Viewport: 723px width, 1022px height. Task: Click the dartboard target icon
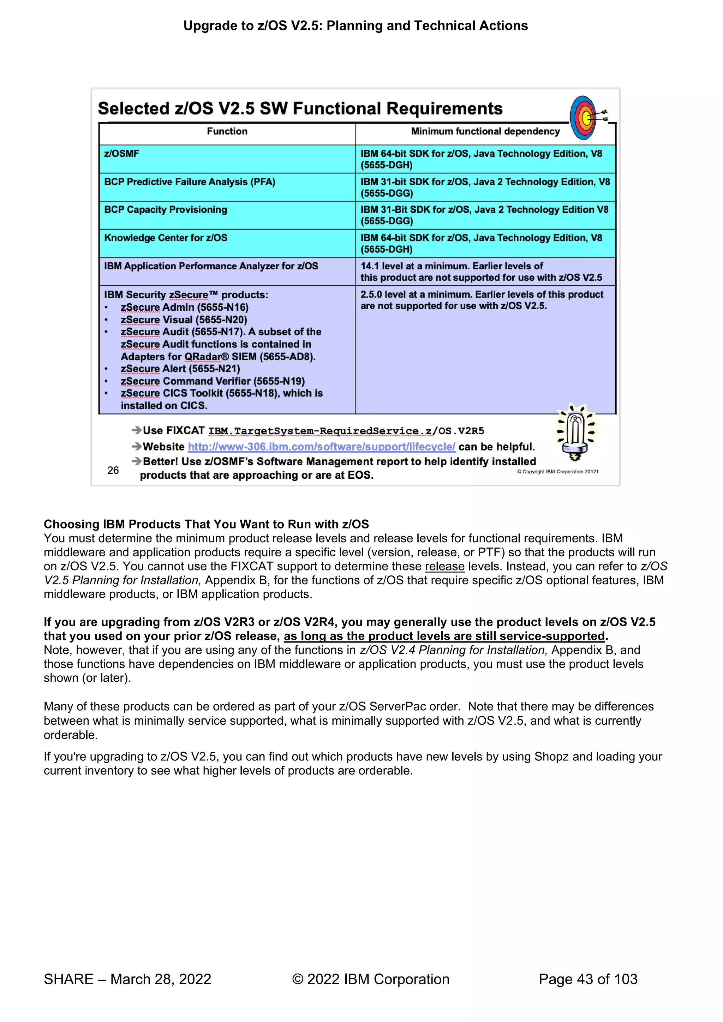[x=585, y=118]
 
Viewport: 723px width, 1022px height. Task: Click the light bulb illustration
[x=575, y=432]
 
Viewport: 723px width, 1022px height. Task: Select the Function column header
[x=227, y=131]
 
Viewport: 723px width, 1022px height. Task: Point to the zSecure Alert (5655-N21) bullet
[x=180, y=369]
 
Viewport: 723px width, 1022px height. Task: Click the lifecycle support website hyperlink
[x=322, y=447]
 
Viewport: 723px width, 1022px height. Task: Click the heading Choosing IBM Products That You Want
[x=206, y=524]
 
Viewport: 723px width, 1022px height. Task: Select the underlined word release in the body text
[x=444, y=567]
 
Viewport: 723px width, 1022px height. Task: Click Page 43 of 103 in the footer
[x=588, y=979]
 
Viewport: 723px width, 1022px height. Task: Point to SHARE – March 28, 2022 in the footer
[x=127, y=979]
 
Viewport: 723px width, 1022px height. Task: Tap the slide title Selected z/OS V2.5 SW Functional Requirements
[x=300, y=109]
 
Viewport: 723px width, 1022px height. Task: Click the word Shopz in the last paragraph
[x=551, y=757]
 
